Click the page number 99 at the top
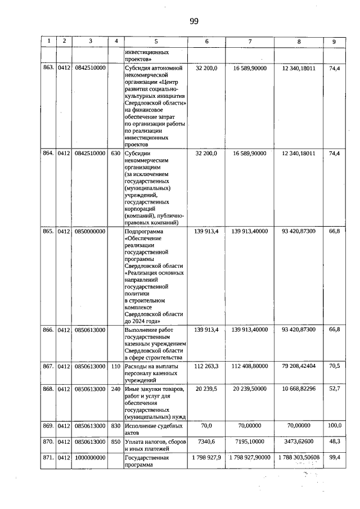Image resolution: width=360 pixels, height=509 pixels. click(x=193, y=21)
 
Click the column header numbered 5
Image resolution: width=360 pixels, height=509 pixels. click(x=156, y=41)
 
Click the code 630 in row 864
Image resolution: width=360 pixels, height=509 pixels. click(x=116, y=153)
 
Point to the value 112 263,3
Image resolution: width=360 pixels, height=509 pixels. click(x=205, y=366)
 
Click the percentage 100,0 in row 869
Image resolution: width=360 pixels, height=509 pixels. click(x=334, y=426)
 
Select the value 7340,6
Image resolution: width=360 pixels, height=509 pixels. click(x=205, y=443)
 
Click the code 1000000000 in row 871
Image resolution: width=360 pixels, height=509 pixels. click(x=91, y=458)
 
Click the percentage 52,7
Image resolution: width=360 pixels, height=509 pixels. click(x=334, y=389)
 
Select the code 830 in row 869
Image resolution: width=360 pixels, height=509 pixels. click(x=116, y=426)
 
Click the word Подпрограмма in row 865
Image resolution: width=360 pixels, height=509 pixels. click(x=143, y=231)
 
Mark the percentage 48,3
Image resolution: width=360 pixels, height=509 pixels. click(x=334, y=443)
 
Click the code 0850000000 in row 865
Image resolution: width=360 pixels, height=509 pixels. click(x=91, y=231)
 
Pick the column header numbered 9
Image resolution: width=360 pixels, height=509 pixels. click(x=334, y=41)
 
